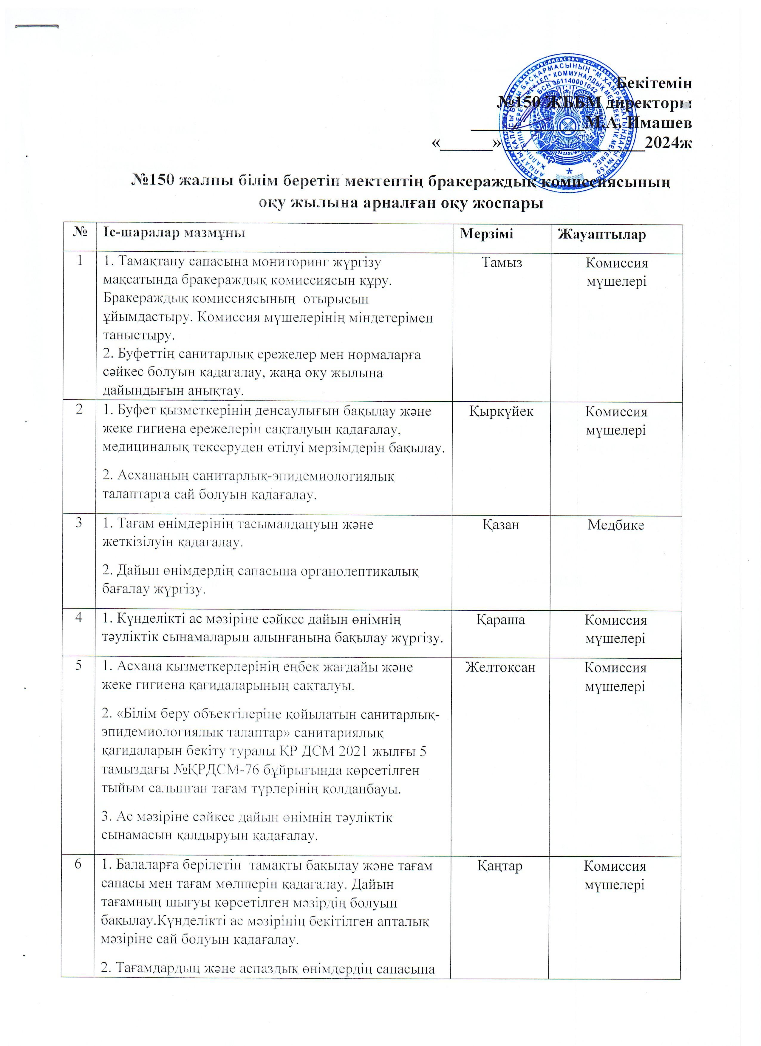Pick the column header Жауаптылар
click(601, 235)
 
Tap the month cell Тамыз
click(502, 263)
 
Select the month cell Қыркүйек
click(501, 411)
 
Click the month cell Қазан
click(501, 524)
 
